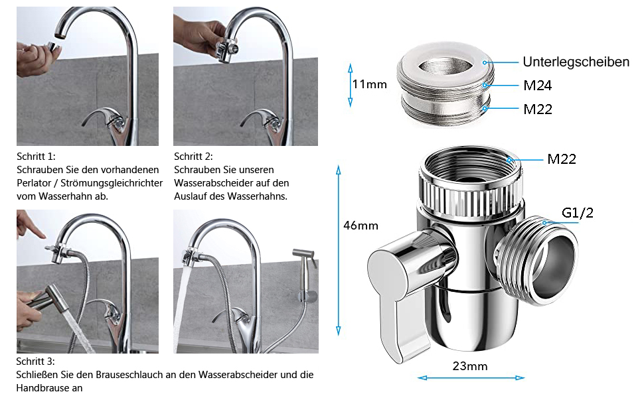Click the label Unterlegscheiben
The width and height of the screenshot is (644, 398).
[x=576, y=62]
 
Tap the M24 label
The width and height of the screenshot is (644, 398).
[x=537, y=86]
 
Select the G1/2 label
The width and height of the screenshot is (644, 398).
[x=577, y=212]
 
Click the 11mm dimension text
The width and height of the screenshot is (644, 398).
[x=369, y=84]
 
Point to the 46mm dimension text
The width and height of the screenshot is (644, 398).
[x=361, y=226]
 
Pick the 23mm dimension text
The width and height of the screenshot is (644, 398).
[x=470, y=366]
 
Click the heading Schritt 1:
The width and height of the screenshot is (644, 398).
[x=36, y=157]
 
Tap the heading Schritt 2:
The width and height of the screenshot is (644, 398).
[x=193, y=157]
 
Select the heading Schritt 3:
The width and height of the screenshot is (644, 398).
[x=35, y=362]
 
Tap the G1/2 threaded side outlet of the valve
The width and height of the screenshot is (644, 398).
[x=536, y=260]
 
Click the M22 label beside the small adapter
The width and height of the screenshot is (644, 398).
[x=537, y=109]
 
